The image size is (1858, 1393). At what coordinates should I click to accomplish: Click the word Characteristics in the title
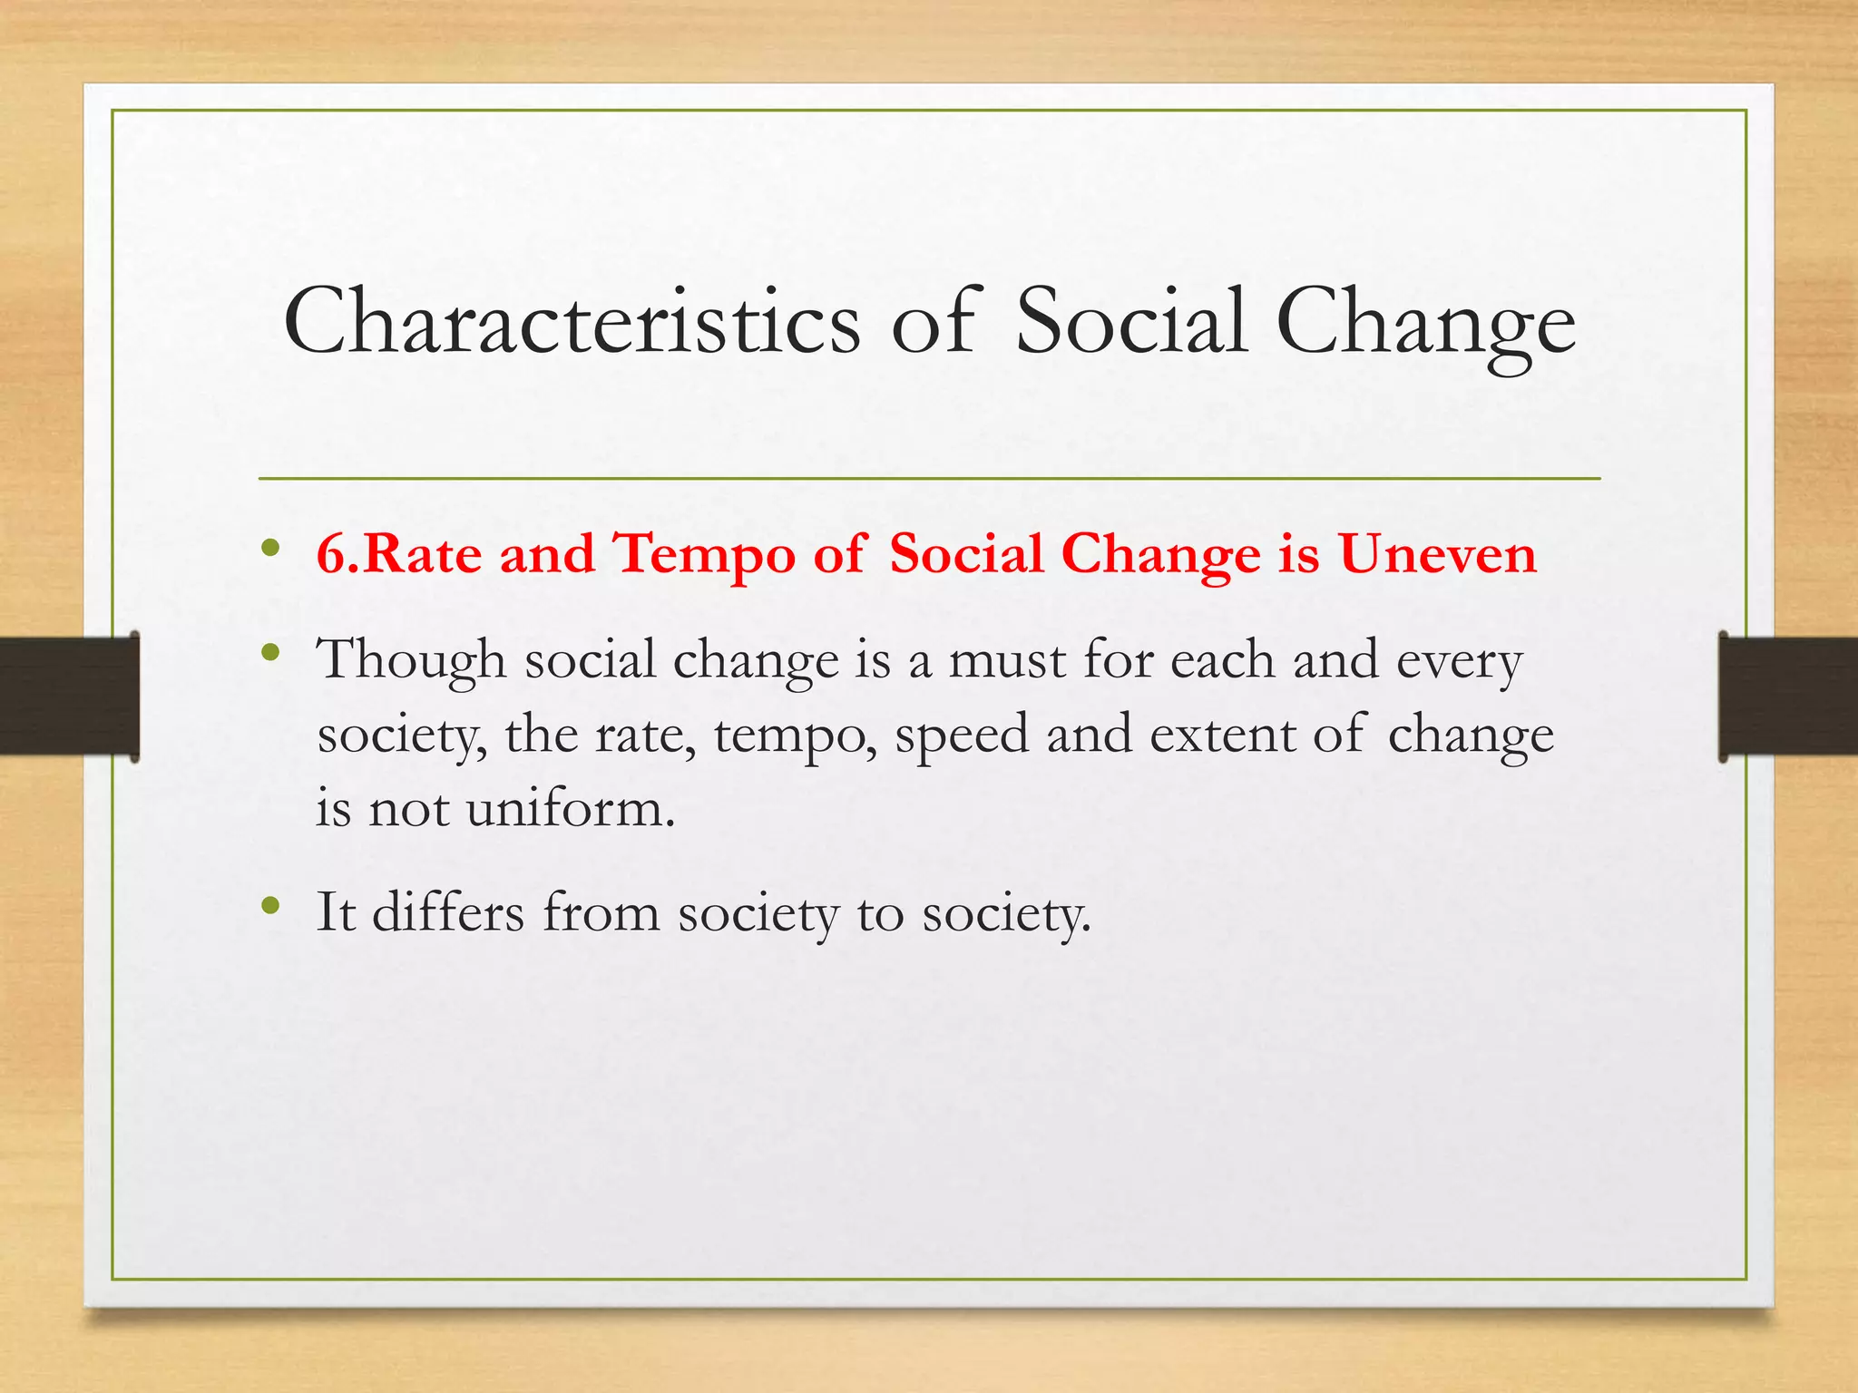click(x=572, y=322)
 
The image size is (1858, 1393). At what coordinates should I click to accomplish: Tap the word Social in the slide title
click(x=1130, y=322)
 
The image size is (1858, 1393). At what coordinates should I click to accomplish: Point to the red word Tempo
click(x=704, y=554)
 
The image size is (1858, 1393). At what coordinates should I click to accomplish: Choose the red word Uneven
click(x=1438, y=554)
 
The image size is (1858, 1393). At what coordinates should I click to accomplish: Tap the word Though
click(x=410, y=660)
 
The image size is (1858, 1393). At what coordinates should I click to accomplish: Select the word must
click(x=1007, y=660)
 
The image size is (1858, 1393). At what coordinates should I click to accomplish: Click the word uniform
click(x=571, y=808)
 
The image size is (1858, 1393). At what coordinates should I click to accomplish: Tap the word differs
click(x=448, y=912)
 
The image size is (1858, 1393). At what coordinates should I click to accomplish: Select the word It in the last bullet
click(x=335, y=912)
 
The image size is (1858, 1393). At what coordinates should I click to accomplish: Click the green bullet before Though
click(x=269, y=652)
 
